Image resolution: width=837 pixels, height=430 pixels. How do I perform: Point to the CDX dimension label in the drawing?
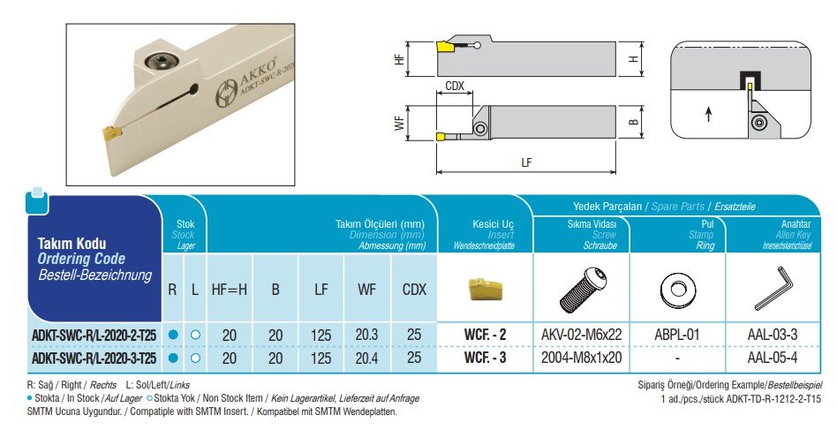456,87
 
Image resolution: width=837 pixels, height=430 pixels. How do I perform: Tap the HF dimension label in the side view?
400,59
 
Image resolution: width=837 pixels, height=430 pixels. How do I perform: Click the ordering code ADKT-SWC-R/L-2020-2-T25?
94,335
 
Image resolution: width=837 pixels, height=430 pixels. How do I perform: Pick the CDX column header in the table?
414,289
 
